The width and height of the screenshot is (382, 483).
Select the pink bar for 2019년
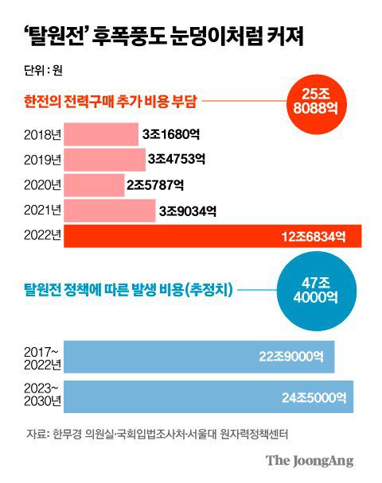(x=103, y=160)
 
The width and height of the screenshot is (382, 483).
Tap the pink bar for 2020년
(x=93, y=185)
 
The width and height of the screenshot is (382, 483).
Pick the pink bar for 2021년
(x=109, y=211)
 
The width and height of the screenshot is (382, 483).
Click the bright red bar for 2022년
(x=212, y=236)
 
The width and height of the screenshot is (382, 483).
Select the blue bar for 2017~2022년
(x=198, y=357)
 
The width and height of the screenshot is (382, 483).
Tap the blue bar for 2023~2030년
(x=208, y=396)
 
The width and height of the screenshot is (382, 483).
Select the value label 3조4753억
(x=177, y=160)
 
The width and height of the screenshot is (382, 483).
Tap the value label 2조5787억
(x=155, y=186)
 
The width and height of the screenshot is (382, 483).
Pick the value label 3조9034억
(x=187, y=211)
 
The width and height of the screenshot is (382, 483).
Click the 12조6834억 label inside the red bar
(x=314, y=237)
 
